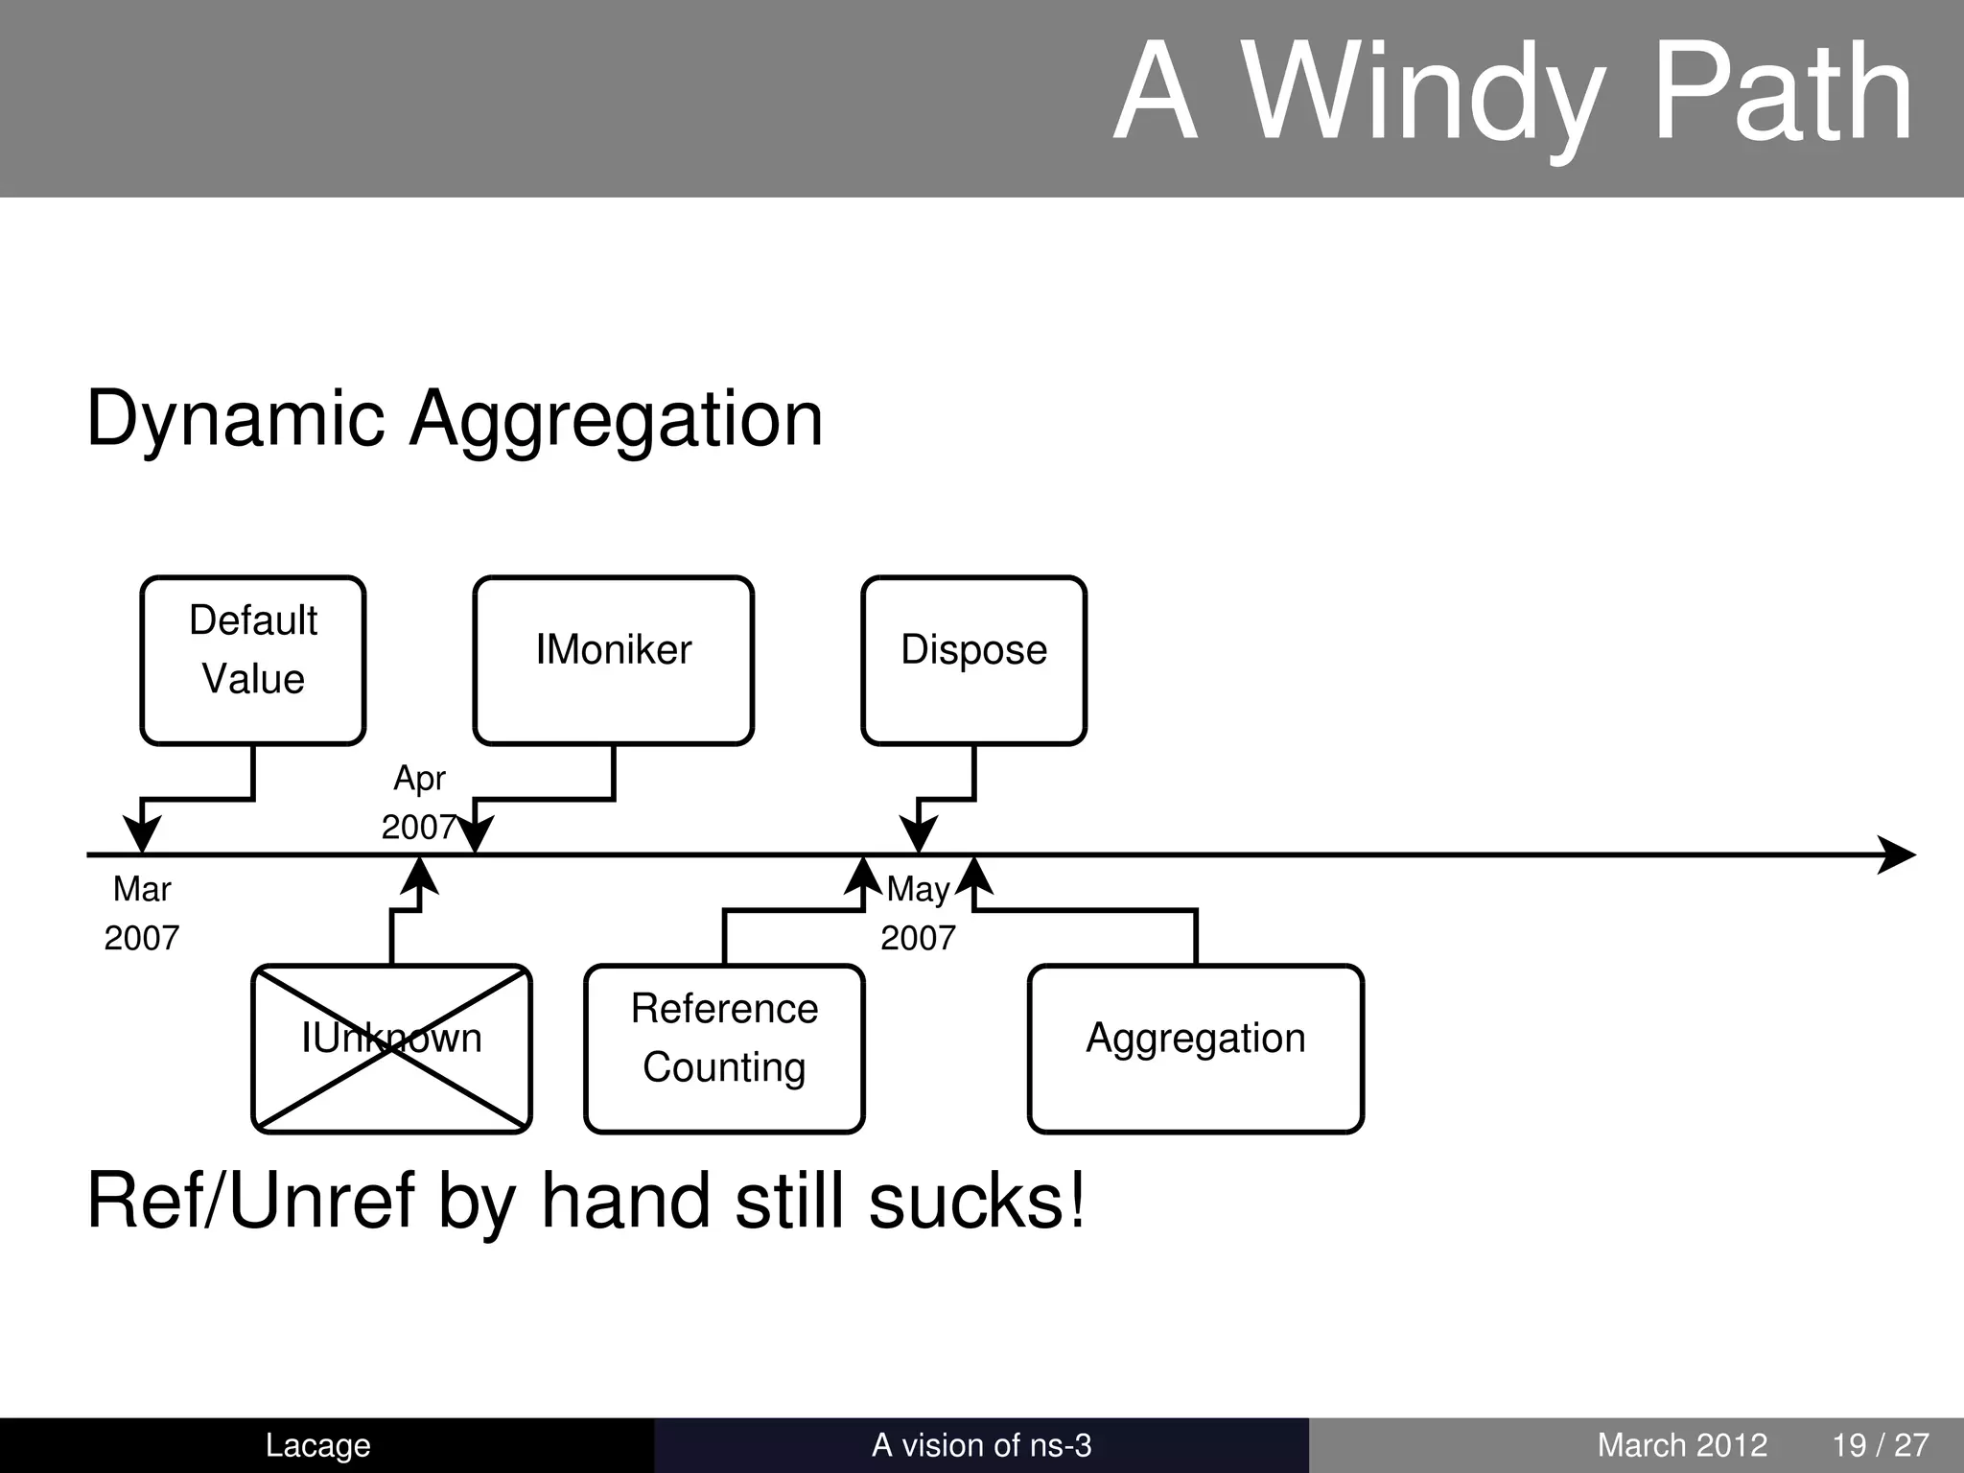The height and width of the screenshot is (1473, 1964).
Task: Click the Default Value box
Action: coord(253,660)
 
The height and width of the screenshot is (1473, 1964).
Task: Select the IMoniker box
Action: coord(613,660)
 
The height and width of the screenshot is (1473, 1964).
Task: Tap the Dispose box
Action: coord(973,660)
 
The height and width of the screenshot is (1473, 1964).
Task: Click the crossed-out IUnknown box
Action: coord(391,1048)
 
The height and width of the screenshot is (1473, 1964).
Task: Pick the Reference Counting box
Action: coord(724,1048)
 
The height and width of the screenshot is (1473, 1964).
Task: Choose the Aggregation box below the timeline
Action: coord(1195,1048)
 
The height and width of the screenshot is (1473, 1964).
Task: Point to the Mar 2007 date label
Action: coord(142,913)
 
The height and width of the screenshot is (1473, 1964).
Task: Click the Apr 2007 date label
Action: coord(419,803)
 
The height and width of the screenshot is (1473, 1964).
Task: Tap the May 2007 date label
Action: coord(918,913)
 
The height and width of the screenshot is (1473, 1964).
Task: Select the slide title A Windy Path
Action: coord(1513,94)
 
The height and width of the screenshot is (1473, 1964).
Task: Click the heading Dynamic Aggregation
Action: coord(455,419)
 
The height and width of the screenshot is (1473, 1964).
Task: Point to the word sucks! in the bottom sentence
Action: coord(977,1201)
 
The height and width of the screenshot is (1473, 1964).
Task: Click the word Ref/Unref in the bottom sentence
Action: coord(250,1201)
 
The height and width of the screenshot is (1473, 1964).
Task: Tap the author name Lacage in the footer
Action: coord(317,1445)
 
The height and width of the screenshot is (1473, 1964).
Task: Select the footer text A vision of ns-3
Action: coord(981,1445)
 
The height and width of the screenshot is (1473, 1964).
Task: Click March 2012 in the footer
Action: coord(1682,1445)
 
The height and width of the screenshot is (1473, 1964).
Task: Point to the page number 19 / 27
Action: coord(1881,1445)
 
